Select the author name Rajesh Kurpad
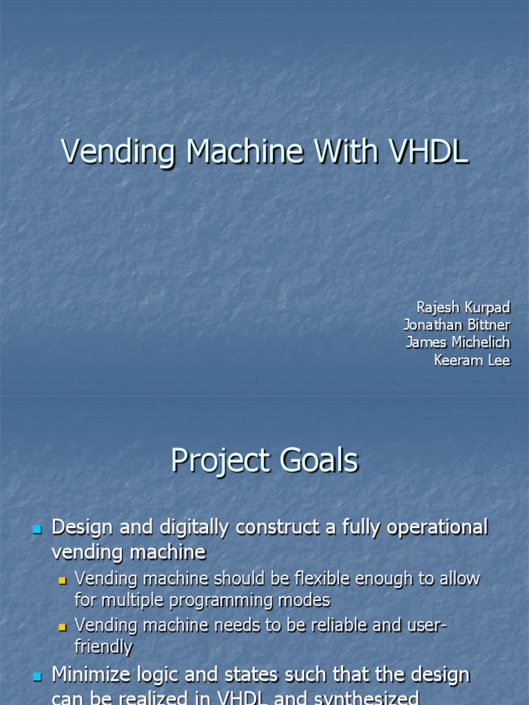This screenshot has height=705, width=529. click(464, 307)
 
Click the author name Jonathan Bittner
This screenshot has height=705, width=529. click(457, 325)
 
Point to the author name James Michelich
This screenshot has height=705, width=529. click(458, 343)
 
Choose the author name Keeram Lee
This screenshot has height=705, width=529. click(473, 361)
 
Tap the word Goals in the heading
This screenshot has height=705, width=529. click(318, 461)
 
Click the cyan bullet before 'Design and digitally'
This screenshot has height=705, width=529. click(37, 529)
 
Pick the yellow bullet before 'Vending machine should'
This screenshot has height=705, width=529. click(62, 580)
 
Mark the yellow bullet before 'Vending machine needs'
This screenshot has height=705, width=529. click(62, 627)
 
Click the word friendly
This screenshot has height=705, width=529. click(103, 646)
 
